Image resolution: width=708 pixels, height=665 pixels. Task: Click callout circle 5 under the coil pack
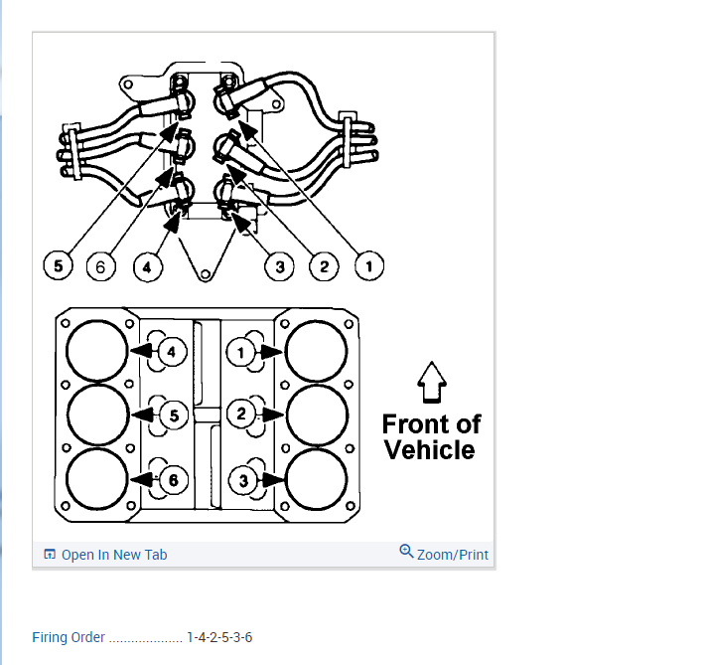59,266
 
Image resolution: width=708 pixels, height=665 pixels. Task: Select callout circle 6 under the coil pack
101,266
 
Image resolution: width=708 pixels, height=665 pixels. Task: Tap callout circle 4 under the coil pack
146,266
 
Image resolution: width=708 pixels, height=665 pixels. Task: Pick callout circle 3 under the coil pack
280,266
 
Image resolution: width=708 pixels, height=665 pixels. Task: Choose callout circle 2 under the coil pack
324,266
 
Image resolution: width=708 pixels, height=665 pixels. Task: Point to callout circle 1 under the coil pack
368,266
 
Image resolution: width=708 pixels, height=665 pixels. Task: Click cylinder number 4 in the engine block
170,352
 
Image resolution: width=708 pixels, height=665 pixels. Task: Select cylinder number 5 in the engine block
173,416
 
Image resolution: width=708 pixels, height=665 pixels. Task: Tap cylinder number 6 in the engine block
173,479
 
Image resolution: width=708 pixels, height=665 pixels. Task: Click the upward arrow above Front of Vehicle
430,382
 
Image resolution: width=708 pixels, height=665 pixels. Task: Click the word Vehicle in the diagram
430,449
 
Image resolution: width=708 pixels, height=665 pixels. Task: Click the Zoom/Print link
453,555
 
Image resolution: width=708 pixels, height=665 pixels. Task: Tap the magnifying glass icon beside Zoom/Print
406,552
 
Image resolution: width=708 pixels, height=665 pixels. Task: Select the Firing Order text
69,637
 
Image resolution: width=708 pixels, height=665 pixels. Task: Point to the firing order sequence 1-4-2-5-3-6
219,637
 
